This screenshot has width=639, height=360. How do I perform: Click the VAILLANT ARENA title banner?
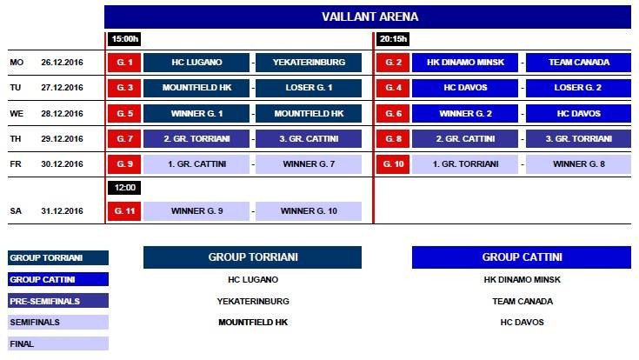tap(368, 17)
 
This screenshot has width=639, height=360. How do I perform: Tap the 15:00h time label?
tap(124, 39)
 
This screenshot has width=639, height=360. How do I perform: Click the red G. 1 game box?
tap(124, 63)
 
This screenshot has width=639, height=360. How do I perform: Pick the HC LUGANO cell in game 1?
tap(196, 63)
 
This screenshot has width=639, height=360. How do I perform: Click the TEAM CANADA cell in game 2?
tap(579, 63)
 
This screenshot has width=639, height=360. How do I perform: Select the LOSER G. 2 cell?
tap(579, 88)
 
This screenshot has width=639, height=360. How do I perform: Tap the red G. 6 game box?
tap(393, 113)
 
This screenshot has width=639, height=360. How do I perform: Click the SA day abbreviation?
tap(16, 211)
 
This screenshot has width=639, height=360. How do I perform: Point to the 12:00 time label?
tap(124, 188)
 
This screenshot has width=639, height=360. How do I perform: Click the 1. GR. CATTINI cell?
tap(196, 163)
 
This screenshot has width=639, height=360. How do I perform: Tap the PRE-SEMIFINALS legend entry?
tap(57, 301)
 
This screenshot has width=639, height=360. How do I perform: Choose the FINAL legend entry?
tap(57, 343)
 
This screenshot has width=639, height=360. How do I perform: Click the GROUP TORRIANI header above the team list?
tap(252, 257)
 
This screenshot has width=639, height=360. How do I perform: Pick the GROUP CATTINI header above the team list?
tap(522, 257)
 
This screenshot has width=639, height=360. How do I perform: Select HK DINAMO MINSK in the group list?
tap(522, 280)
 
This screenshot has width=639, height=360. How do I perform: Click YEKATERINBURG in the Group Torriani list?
tap(252, 301)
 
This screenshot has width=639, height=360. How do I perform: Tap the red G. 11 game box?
tap(124, 211)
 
